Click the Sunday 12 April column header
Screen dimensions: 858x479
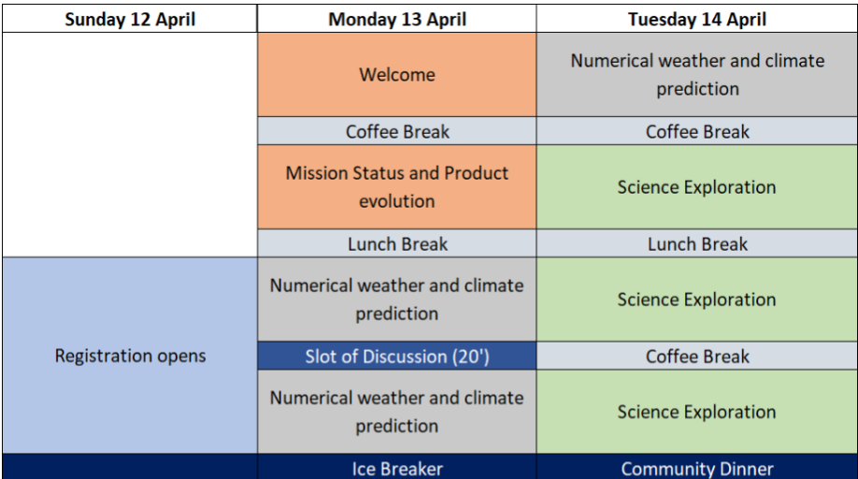130,19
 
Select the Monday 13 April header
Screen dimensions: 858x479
396,19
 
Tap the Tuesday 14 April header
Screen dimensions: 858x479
696,19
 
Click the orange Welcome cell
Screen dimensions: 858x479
396,75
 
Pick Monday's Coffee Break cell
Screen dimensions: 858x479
396,131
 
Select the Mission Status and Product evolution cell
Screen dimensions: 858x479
396,187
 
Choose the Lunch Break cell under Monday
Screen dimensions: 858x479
396,243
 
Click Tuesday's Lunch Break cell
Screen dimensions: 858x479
696,243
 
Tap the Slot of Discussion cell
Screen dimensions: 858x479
396,356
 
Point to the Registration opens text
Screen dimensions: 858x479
130,356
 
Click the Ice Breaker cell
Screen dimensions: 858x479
396,467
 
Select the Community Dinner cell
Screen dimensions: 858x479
696,467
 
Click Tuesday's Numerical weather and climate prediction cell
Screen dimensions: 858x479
696,75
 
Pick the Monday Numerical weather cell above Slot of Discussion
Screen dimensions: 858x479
396,299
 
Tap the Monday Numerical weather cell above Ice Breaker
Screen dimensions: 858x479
396,412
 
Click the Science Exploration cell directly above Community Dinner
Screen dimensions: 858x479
696,412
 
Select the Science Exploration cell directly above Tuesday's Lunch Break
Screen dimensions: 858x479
696,187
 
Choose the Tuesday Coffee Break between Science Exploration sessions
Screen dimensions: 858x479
696,356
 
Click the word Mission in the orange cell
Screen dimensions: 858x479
317,173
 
